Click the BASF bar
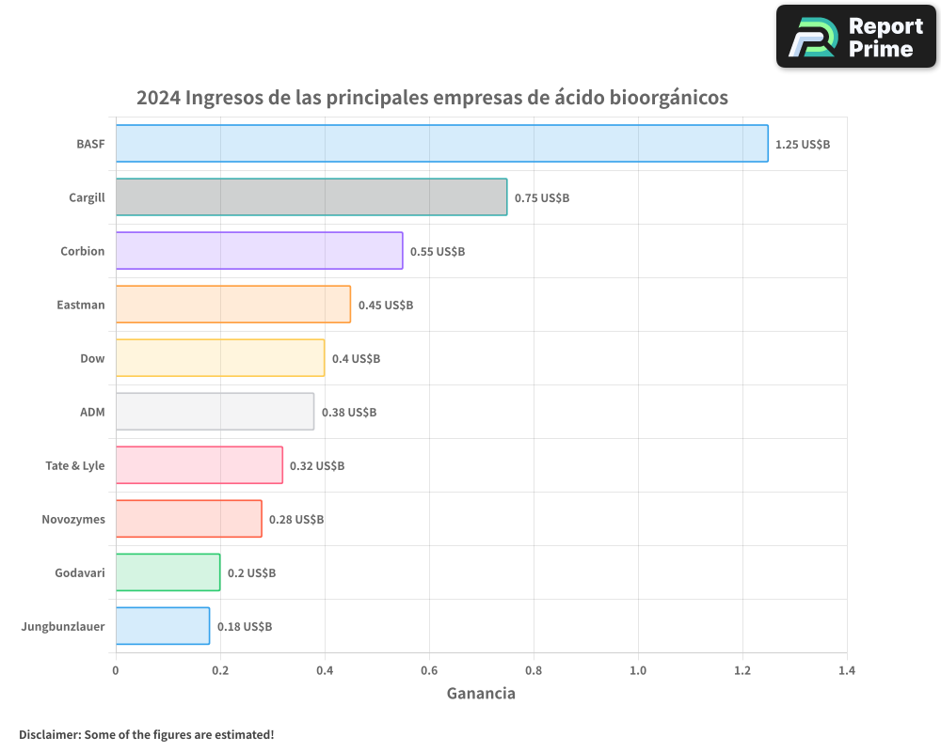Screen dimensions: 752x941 pyautogui.click(x=441, y=144)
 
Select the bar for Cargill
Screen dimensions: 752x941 pyautogui.click(x=311, y=197)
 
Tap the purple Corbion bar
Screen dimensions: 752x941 pyautogui.click(x=259, y=251)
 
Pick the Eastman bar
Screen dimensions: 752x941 pyautogui.click(x=232, y=305)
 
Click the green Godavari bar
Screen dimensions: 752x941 pyautogui.click(x=167, y=572)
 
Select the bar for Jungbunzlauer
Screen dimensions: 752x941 pyautogui.click(x=162, y=626)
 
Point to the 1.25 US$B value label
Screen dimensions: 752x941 pyautogui.click(x=802, y=145)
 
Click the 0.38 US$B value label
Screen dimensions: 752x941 pyautogui.click(x=349, y=413)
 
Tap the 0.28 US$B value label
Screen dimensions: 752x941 pyautogui.click(x=296, y=520)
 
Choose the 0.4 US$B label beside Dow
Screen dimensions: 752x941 pyautogui.click(x=356, y=359)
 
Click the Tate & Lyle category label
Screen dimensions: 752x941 pyautogui.click(x=75, y=466)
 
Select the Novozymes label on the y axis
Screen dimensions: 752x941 pyautogui.click(x=73, y=520)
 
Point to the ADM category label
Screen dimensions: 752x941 pyautogui.click(x=92, y=413)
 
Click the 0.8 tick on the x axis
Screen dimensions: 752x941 pyautogui.click(x=534, y=671)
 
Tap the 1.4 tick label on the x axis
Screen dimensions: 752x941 pyautogui.click(x=847, y=671)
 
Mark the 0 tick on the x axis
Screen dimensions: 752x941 pyautogui.click(x=116, y=671)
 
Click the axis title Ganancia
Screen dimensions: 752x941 pyautogui.click(x=481, y=694)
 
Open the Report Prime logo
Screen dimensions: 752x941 pyautogui.click(x=856, y=37)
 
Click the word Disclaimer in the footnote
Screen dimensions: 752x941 pyautogui.click(x=49, y=734)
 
